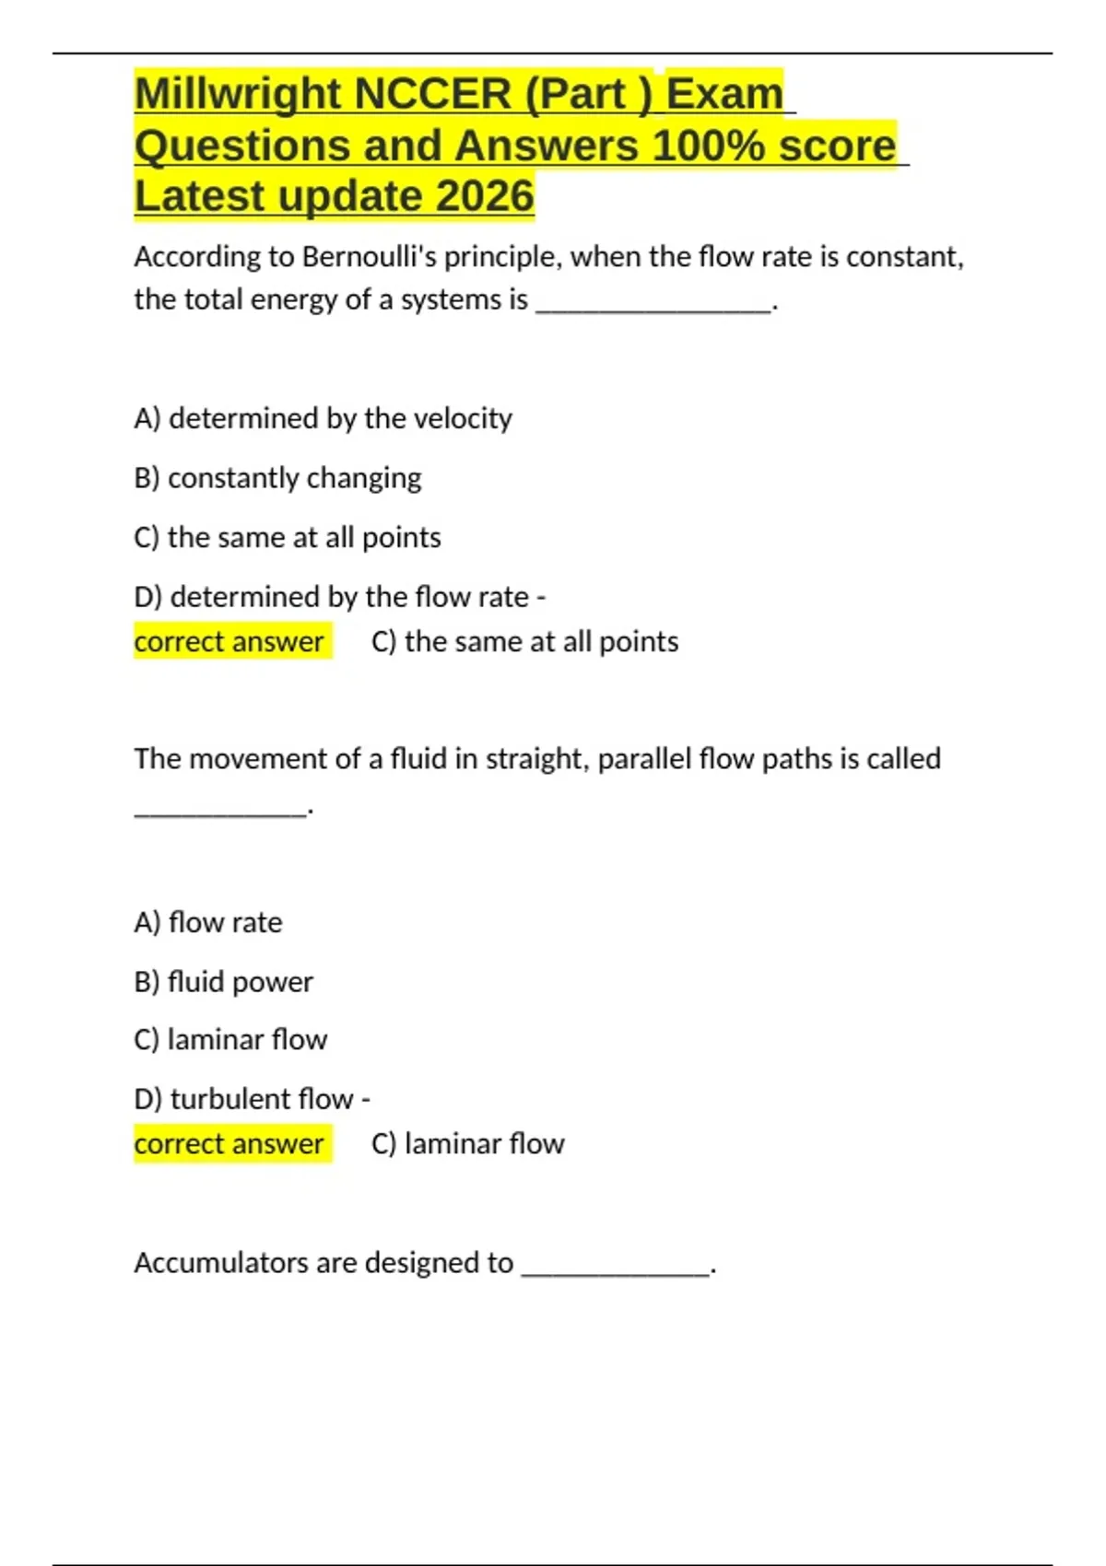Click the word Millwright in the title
238,94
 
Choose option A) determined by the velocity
323,418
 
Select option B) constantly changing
277,478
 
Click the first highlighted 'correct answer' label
229,641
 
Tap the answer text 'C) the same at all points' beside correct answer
524,641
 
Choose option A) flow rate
208,922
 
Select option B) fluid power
223,982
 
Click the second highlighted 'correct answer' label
229,1144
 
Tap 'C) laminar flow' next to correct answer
468,1144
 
